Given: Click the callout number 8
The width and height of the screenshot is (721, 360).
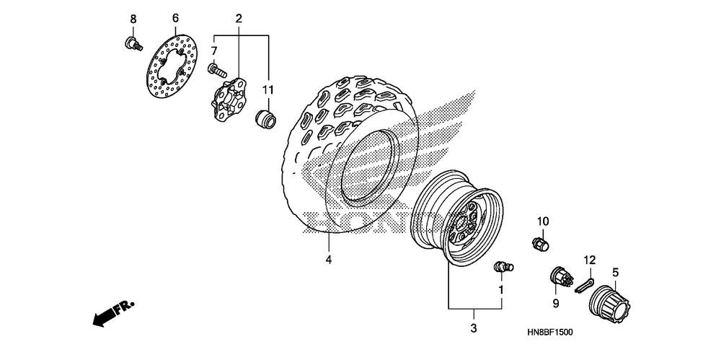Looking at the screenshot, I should point(133,17).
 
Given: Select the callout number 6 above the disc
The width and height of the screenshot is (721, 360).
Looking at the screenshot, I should point(174,17).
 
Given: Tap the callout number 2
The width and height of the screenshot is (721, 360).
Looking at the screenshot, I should point(239,17).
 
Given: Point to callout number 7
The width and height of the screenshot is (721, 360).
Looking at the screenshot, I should point(213,51).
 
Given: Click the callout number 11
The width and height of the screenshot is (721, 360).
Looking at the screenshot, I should point(267,90).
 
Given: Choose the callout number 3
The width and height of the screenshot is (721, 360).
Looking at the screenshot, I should point(473,329).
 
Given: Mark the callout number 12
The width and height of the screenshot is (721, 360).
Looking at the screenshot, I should point(590,259).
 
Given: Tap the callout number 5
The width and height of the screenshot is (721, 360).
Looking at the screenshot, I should point(616,272).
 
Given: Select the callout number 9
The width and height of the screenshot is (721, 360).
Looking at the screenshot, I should point(555,302).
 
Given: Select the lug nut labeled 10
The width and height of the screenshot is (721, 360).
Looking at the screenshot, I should point(539,243).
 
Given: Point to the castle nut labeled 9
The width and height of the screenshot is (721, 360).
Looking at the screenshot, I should point(559,277).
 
